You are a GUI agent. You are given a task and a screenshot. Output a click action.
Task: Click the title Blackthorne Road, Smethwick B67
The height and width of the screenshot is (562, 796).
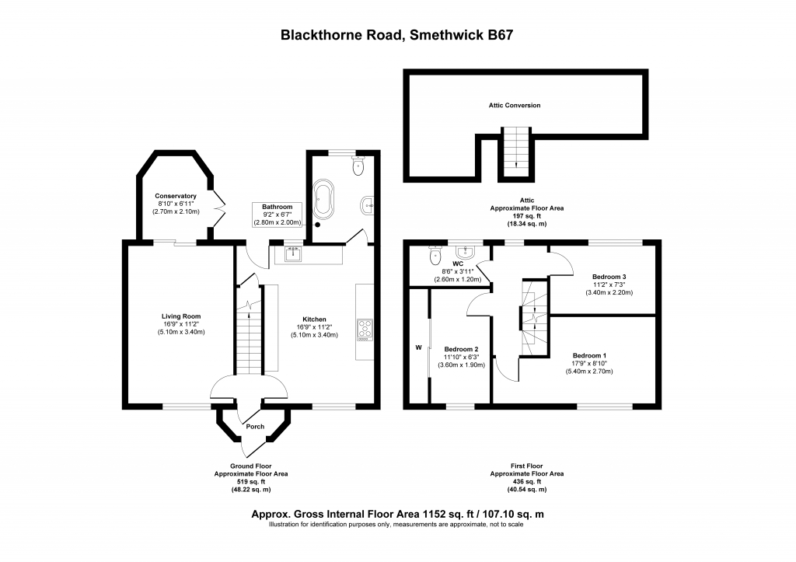[x=397, y=35]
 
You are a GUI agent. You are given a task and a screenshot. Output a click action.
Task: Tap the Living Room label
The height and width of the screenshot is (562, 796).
[x=181, y=316]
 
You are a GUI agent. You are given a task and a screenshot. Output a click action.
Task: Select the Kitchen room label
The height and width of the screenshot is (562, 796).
[x=314, y=319]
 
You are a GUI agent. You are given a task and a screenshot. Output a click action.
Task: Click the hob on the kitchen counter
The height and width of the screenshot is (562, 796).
[x=364, y=330]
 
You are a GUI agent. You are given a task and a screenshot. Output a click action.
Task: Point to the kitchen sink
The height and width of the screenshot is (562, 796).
[x=294, y=253]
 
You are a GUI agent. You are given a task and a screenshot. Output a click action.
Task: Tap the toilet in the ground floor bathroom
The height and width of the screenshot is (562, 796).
[x=358, y=166]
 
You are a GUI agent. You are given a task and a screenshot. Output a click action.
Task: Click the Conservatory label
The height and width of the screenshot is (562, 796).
[x=175, y=196]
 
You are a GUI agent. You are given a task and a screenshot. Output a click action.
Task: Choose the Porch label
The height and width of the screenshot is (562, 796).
[x=255, y=426]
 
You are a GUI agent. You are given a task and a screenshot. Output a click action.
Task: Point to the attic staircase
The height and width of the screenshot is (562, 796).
[x=513, y=152]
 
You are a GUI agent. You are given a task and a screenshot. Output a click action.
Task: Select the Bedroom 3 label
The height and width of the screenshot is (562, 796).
[x=609, y=277]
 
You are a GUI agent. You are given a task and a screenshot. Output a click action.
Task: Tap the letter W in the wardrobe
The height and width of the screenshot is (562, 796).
[x=418, y=347]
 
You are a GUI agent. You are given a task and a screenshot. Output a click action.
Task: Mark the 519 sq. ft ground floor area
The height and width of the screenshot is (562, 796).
[x=251, y=482]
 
